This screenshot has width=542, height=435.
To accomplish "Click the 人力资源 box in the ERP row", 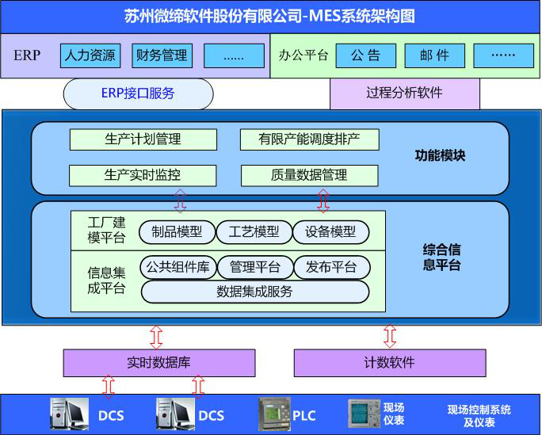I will click(x=90, y=55).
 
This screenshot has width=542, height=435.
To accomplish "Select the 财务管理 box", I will click(x=162, y=55).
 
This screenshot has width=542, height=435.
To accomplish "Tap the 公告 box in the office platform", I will click(x=365, y=55).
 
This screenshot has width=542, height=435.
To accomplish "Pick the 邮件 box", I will click(x=433, y=55).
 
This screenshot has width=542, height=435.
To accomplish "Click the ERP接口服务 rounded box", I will click(x=138, y=93).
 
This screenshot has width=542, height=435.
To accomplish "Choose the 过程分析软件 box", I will click(x=404, y=93).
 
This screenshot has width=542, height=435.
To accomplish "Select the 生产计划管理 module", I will click(x=143, y=139).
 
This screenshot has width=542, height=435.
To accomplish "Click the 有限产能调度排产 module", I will click(x=309, y=139).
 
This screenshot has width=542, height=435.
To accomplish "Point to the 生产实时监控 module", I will click(x=143, y=175).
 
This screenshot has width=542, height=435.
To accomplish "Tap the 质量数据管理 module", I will click(x=309, y=175).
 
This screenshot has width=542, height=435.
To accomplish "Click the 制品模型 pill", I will click(x=177, y=232).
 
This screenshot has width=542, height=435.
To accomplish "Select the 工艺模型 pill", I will click(x=254, y=232).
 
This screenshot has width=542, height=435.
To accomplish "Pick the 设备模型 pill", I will click(x=330, y=232).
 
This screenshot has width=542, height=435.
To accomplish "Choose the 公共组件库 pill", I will click(x=177, y=267).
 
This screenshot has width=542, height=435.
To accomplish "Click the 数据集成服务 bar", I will click(x=254, y=292).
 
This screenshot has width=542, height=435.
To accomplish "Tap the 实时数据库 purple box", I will click(x=158, y=363).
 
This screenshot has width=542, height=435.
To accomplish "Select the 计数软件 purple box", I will click(x=389, y=363).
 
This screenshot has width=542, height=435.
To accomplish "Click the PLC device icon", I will click(x=273, y=414).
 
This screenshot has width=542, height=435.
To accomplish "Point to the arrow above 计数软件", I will click(x=389, y=336).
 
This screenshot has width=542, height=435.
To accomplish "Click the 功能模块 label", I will click(x=440, y=155).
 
